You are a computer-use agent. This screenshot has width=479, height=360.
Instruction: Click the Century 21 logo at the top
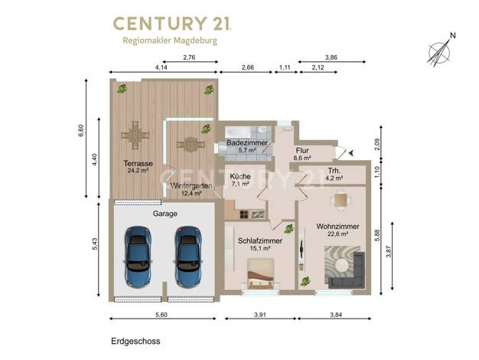pos(172,24)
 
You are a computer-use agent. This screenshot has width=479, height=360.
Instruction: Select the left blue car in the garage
pos(138,257)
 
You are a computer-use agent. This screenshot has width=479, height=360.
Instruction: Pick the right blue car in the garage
pos(188,257)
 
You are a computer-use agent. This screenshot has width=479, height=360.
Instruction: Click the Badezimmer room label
pos(247,142)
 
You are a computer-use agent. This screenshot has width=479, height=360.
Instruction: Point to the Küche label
pos(240,176)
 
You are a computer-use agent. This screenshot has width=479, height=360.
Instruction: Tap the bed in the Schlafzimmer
pos(260,274)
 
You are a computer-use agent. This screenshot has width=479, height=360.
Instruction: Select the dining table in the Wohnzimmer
pos(341,201)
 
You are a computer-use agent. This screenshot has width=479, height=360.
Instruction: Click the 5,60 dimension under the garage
pos(161,315)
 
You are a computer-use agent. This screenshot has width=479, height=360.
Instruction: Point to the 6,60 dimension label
pos(81,131)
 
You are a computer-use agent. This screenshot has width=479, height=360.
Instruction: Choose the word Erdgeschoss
pos(135,342)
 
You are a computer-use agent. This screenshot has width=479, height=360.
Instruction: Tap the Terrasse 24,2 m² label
pos(138,167)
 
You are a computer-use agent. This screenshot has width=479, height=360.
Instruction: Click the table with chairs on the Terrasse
pos(135,135)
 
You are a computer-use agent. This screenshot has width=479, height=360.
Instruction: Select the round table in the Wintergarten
pos(191,144)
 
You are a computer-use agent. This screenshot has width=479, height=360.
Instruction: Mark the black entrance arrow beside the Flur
pos(350,153)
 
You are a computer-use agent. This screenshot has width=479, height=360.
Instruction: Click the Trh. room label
pos(335,170)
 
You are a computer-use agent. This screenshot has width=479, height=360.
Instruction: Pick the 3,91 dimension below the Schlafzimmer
pos(260,315)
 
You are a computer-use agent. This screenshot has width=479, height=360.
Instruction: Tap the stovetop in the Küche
pos(244,214)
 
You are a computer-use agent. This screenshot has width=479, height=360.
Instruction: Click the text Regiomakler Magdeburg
pos(170,41)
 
